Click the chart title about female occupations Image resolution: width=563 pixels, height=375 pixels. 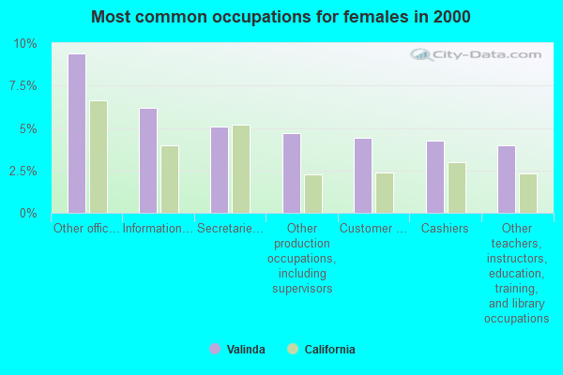click(x=281, y=17)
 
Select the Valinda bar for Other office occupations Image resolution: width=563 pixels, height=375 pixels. click(x=77, y=134)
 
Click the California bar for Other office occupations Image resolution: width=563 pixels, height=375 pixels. click(x=99, y=157)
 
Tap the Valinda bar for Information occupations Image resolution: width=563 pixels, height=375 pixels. click(x=148, y=161)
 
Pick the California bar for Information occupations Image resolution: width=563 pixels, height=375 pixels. click(x=170, y=179)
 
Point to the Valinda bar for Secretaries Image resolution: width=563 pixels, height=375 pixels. click(x=220, y=171)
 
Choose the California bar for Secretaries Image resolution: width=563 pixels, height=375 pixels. click(x=241, y=170)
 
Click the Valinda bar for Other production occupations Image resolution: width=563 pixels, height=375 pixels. click(x=292, y=173)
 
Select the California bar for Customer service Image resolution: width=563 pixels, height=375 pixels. click(x=385, y=193)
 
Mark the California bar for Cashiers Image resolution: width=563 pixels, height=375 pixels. click(x=457, y=187)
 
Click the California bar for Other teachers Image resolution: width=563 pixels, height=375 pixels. click(x=528, y=193)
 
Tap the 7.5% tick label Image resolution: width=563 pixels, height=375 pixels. click(x=23, y=86)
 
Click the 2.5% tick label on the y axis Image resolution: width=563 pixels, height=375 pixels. click(x=23, y=172)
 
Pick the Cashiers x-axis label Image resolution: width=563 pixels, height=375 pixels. click(x=445, y=228)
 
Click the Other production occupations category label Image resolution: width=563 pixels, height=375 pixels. click(x=301, y=258)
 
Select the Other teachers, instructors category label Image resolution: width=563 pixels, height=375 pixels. click(x=516, y=273)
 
